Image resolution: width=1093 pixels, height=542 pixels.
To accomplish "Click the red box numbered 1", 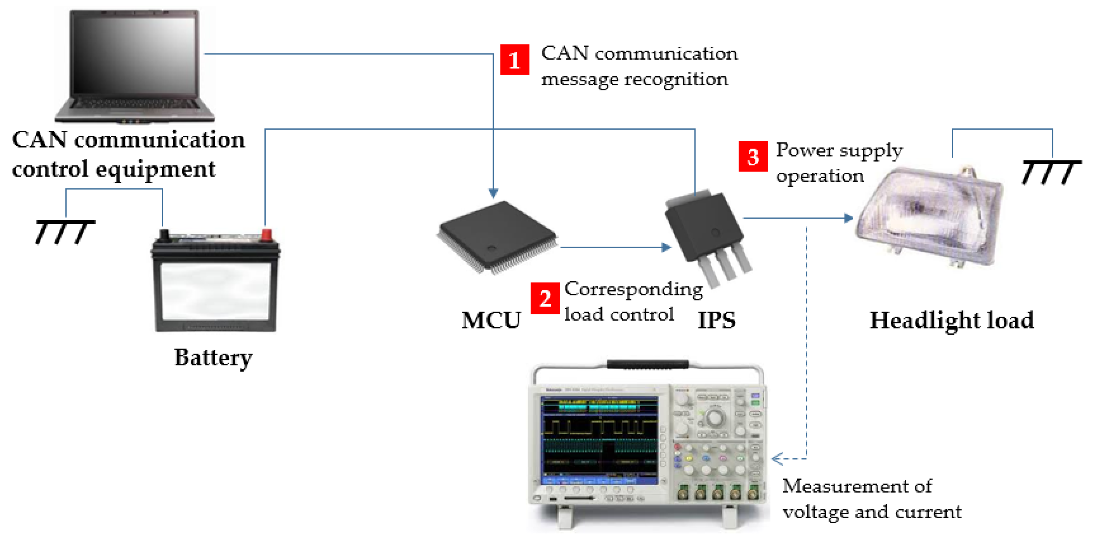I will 514,59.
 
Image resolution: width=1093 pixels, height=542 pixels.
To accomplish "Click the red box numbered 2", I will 545,298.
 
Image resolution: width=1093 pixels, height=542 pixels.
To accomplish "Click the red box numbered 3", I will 753,156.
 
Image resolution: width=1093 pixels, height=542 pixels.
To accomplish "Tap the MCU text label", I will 491,320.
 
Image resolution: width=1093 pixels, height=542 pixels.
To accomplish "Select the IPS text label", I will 716,320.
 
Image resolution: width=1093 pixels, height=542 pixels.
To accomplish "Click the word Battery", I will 213,357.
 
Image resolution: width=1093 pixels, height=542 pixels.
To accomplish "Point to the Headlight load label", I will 952,320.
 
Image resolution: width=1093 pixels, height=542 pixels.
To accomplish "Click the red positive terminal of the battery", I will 266,235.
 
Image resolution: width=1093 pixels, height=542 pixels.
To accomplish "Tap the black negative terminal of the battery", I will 164,235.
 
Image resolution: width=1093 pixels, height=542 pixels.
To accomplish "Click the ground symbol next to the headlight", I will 1051,172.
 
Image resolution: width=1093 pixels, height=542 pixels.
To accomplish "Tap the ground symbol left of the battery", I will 65,232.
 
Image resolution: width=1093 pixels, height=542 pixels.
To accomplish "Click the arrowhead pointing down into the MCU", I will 493,193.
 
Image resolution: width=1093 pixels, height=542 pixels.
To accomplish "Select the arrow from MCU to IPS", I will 615,247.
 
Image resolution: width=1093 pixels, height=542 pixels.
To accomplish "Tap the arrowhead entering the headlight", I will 848,218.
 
